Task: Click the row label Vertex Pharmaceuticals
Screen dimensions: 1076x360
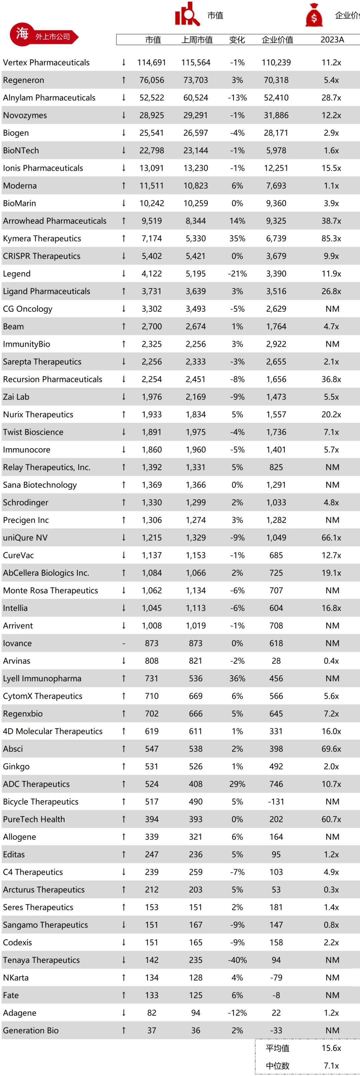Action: pos(46,63)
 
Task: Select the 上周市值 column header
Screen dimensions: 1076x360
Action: pos(197,40)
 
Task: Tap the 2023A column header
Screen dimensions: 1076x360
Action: pos(332,40)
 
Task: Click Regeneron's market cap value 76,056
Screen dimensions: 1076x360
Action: pos(152,80)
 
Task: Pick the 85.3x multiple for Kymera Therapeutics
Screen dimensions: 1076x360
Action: pos(331,238)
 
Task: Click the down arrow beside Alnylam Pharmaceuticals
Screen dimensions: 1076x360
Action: pos(124,98)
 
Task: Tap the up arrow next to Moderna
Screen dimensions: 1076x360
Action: pos(124,185)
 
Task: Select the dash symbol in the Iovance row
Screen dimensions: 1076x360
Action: pos(124,643)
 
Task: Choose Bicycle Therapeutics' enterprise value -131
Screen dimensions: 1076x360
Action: pos(276,802)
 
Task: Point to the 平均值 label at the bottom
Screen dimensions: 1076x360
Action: pos(277,1048)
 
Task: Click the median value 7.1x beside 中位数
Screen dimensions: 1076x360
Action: pos(331,1066)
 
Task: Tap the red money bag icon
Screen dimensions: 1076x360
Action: pos(314,15)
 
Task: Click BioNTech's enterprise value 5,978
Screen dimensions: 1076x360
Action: pos(276,150)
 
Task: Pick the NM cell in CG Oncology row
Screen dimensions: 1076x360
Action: pos(332,309)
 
